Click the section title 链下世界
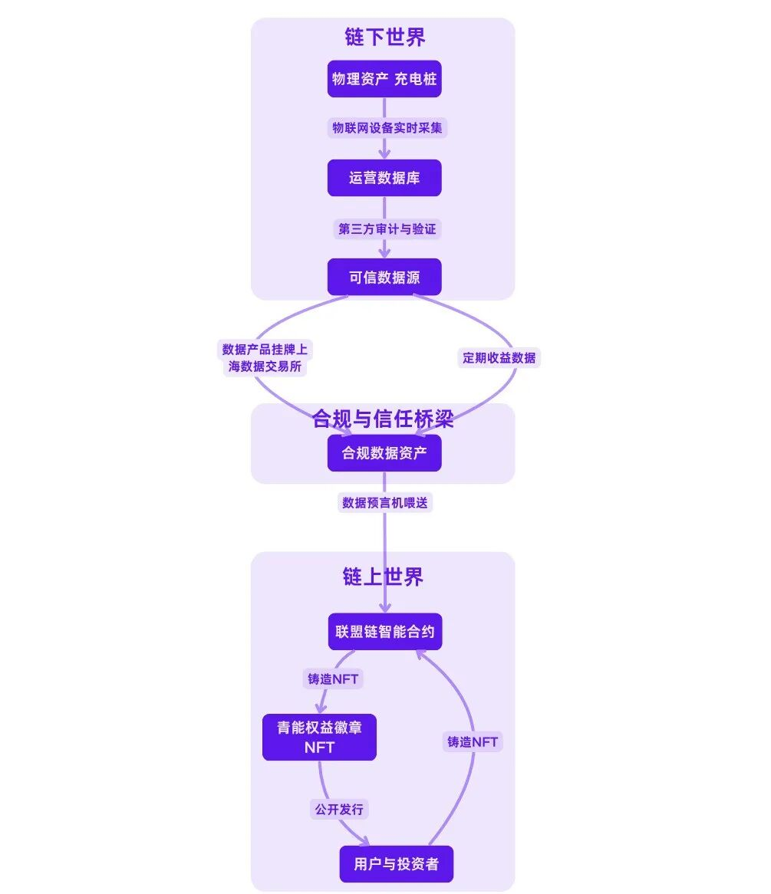point(384,37)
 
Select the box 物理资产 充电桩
point(384,79)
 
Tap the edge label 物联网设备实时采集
point(387,128)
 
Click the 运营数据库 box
point(384,178)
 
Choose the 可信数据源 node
point(384,277)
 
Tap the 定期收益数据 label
point(499,358)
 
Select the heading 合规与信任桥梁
point(383,419)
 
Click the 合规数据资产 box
point(384,453)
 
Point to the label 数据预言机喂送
point(384,503)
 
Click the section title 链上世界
point(383,577)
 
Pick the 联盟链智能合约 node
point(384,633)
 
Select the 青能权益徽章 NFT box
point(319,737)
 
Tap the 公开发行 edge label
point(339,809)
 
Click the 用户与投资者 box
point(396,864)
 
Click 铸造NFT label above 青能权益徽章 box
point(333,679)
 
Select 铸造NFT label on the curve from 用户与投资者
point(473,741)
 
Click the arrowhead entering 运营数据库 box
point(384,154)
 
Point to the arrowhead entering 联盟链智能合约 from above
point(384,609)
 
